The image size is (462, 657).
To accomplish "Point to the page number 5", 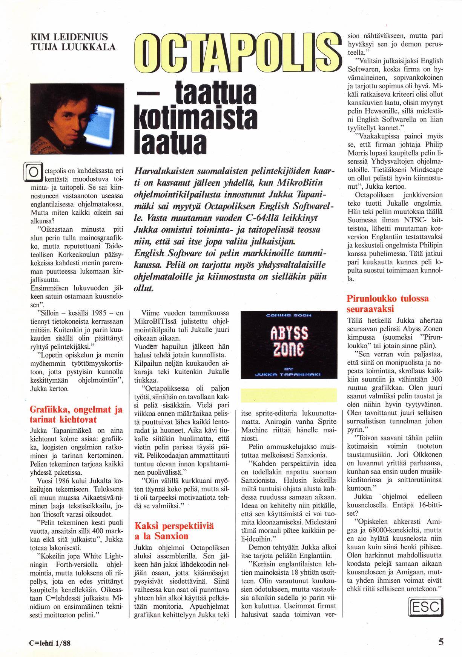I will (441, 642).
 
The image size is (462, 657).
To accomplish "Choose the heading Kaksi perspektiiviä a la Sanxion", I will (173, 531).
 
